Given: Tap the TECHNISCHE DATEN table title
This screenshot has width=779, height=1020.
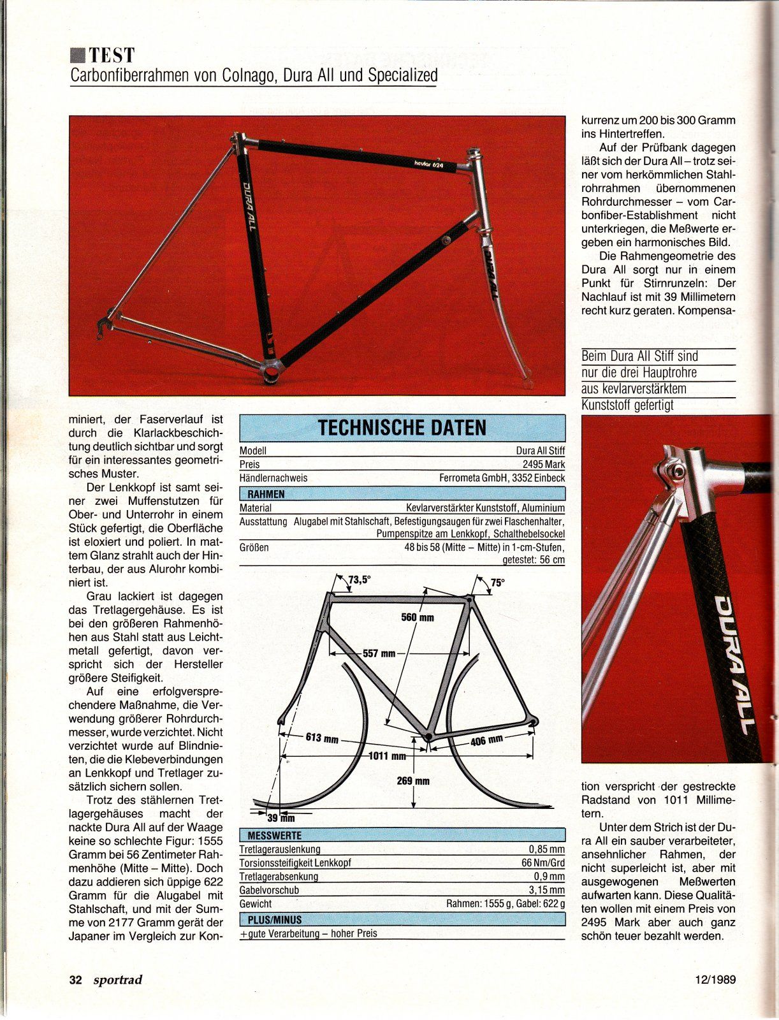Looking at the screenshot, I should (x=402, y=428).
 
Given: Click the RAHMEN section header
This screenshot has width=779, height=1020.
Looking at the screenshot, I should (x=262, y=494).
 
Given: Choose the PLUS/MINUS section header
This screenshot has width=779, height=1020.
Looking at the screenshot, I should (x=270, y=919).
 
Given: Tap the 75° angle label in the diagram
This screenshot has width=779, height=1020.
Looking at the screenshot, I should (x=497, y=582).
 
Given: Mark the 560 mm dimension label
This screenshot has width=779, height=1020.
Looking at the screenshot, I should (x=417, y=617).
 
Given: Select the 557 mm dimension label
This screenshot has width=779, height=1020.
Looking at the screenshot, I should (x=379, y=653).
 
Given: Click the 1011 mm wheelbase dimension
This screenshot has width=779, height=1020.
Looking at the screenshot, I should (x=388, y=757).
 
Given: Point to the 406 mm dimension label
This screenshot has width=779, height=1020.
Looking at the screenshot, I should (x=487, y=741).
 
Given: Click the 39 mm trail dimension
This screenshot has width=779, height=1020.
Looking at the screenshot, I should (x=280, y=819).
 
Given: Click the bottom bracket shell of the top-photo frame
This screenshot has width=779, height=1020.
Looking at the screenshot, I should (x=272, y=370).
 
